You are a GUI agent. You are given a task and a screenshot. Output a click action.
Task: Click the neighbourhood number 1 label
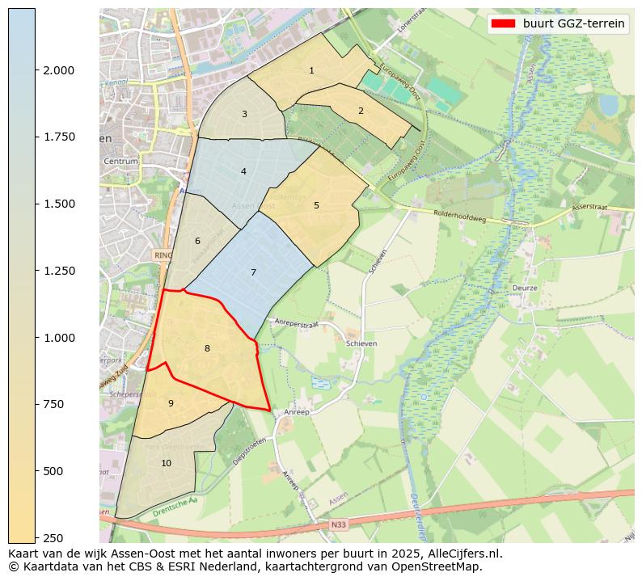pos(311,71)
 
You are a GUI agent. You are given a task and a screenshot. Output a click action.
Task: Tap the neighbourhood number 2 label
pos(361,111)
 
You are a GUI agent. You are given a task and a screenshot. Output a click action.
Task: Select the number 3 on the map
pos(244,114)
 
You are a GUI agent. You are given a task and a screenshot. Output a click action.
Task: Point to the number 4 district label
pos(243,171)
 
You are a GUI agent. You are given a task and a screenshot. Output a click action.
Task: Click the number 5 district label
pos(316,205)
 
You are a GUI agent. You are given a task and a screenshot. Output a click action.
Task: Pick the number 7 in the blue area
pos(253,272)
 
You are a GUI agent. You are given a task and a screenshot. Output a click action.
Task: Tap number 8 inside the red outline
pos(207,348)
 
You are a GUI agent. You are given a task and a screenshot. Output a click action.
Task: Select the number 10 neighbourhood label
pos(166,463)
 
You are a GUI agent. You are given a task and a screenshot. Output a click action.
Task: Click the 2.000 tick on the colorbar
pos(59,70)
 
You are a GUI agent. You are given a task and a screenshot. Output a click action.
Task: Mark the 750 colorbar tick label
pos(56,404)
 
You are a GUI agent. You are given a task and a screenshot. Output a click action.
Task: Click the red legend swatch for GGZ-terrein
pos(502,23)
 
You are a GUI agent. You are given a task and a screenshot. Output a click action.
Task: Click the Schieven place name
pos(361,343)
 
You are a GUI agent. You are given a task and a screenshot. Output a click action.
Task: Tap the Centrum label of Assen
pos(121,162)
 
